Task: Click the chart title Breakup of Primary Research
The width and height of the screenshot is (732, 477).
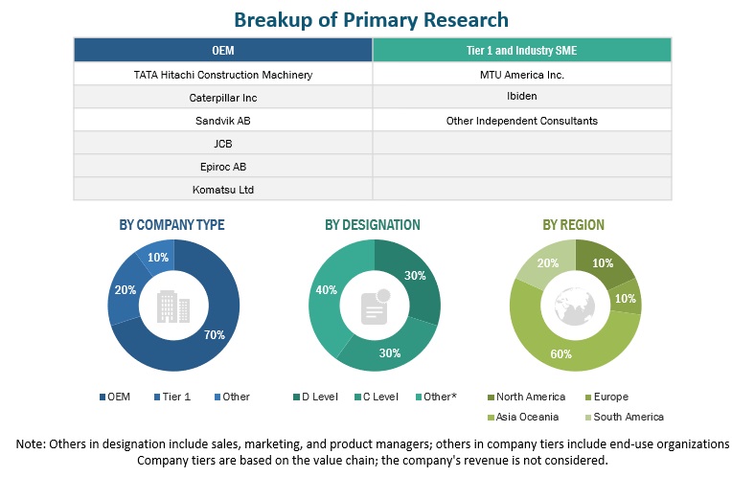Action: pos(372,19)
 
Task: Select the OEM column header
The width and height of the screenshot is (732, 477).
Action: pos(222,50)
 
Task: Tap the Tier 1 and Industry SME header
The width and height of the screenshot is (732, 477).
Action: pos(522,50)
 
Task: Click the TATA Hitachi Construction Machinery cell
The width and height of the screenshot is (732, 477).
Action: pos(223,74)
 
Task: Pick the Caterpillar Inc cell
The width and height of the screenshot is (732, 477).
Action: pos(223,97)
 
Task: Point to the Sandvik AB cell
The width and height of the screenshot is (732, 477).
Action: pos(223,121)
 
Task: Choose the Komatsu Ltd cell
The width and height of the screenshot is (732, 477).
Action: pos(223,190)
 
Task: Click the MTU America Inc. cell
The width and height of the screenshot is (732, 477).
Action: pos(522,74)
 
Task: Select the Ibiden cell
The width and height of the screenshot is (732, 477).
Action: pos(522,97)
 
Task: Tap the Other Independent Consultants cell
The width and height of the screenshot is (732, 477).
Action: pos(522,121)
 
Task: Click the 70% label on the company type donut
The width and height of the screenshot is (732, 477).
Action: pos(214,334)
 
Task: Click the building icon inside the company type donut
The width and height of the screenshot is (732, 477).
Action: pos(172,306)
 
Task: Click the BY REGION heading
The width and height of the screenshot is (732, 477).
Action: pos(573,225)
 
